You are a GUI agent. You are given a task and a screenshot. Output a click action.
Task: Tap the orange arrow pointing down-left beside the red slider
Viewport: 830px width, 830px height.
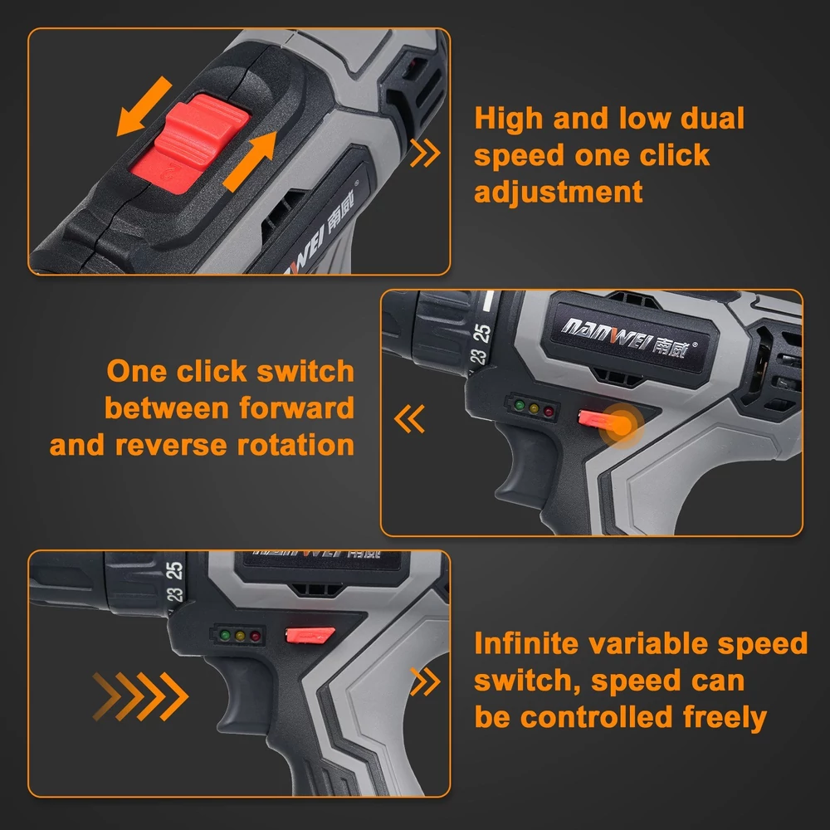144,106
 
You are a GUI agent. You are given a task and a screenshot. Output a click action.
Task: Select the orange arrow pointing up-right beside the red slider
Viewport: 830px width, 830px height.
251,161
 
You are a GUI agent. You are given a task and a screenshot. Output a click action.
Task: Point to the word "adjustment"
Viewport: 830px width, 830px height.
559,192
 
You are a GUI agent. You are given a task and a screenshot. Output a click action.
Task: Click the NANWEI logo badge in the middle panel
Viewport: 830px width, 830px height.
630,337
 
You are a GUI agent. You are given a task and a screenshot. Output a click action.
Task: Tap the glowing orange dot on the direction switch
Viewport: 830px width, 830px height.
622,427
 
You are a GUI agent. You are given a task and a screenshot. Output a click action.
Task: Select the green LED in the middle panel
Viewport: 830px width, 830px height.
520,406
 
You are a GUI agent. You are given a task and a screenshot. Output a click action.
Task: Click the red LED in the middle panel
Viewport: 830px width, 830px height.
549,412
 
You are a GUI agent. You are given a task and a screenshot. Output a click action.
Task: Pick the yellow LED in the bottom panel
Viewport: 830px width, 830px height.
241,636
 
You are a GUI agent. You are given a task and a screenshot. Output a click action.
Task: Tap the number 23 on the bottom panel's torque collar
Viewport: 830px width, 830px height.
174,595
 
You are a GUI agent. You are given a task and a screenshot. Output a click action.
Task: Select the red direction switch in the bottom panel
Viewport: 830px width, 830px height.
310,634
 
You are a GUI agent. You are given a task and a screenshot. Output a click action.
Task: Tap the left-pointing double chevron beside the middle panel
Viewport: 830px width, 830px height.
409,418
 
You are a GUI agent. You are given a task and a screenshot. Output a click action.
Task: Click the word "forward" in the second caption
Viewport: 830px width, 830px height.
296,408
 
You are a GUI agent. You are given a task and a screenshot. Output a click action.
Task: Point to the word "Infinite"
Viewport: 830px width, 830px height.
527,644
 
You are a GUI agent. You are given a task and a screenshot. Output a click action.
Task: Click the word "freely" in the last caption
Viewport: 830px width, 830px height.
725,718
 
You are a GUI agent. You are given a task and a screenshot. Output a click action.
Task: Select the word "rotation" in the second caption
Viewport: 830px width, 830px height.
295,445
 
